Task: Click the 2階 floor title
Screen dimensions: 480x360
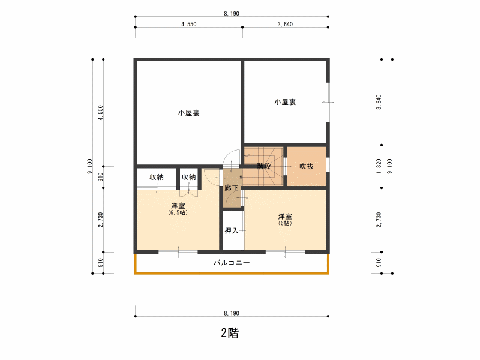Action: point(230,333)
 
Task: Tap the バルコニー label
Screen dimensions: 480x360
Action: point(232,263)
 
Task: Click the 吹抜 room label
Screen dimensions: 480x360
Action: point(307,166)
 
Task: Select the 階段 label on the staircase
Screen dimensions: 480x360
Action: point(263,166)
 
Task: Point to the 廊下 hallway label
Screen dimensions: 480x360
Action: point(232,188)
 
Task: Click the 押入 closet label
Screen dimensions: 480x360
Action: point(232,230)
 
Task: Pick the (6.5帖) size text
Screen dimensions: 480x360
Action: point(178,212)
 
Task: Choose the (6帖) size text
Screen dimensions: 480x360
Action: point(285,223)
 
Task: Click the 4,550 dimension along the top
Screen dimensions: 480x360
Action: point(189,24)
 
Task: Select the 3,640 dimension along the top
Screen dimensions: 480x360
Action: point(285,24)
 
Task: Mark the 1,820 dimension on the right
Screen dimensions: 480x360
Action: point(379,166)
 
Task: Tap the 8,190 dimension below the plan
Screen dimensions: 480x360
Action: point(232,313)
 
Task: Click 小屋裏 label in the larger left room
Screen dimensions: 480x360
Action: point(189,113)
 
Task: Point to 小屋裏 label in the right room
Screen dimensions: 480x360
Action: point(285,102)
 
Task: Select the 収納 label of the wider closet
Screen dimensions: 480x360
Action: point(157,177)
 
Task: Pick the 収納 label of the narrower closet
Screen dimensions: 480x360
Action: point(188,177)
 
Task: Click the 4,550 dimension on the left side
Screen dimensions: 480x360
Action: point(100,113)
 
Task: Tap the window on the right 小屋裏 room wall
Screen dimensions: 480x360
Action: point(328,102)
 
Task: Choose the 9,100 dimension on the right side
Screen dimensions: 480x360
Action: point(389,166)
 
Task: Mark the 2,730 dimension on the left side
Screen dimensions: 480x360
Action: point(100,220)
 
